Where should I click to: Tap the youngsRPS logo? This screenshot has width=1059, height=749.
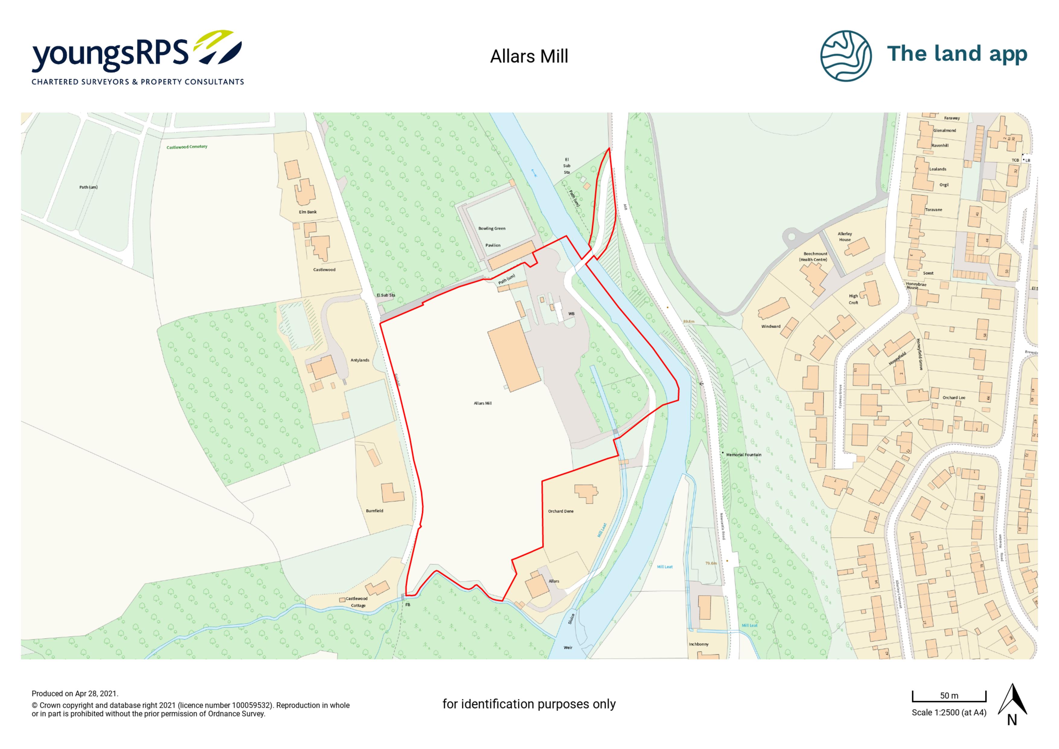click(x=137, y=58)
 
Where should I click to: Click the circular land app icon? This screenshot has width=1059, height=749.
click(x=846, y=56)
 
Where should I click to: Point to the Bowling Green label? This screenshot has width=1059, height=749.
click(x=492, y=228)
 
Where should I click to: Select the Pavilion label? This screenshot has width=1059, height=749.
click(x=493, y=245)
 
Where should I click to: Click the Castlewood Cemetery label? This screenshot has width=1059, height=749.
click(x=187, y=147)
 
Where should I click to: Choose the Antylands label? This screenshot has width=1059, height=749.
click(x=360, y=360)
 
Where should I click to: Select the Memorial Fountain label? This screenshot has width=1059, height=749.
click(x=744, y=455)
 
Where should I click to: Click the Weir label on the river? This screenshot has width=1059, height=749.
click(x=568, y=648)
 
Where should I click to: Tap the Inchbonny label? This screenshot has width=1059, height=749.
click(x=698, y=644)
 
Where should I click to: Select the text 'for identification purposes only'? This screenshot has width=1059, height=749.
click(x=529, y=704)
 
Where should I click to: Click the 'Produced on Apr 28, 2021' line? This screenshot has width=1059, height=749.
click(x=75, y=694)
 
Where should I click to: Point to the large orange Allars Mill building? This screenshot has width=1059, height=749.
click(x=514, y=356)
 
